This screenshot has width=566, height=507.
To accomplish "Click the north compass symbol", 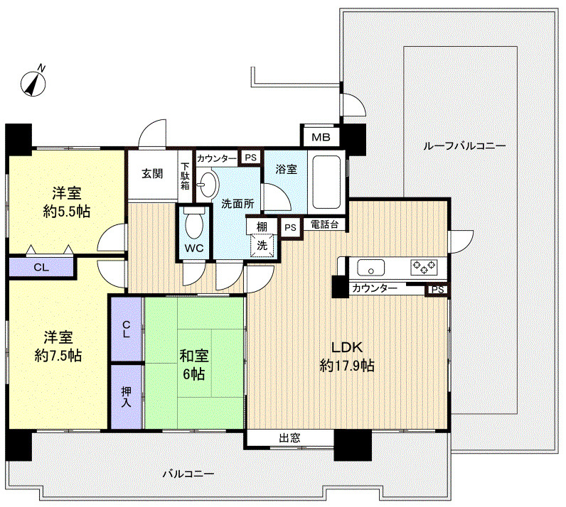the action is [33, 82].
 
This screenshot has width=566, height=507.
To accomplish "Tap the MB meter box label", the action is [321, 137].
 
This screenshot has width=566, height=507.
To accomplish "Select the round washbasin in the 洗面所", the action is [208, 185].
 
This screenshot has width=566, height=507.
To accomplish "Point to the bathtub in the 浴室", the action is [326, 182].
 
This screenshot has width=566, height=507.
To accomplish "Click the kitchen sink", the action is [370, 268].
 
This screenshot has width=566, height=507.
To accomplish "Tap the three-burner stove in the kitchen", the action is [424, 268].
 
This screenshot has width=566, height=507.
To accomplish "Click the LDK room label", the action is [347, 347].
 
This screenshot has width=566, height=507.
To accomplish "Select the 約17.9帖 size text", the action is [347, 366].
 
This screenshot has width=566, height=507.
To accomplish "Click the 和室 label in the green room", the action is [194, 356].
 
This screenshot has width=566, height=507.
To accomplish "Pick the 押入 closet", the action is [126, 397].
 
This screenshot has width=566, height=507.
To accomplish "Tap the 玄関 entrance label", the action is [152, 173].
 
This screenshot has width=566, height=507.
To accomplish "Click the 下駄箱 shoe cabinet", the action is [185, 176].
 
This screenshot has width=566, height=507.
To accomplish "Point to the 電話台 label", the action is [324, 224].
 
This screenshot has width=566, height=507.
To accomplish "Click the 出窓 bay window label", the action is [289, 437].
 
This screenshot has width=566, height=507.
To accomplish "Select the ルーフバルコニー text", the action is [464, 146].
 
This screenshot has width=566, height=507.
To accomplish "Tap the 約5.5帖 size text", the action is [66, 212].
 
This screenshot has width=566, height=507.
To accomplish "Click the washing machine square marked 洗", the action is [262, 246].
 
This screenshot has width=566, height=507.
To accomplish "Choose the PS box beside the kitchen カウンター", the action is [437, 290].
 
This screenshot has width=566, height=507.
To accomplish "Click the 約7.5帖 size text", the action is [58, 356].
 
